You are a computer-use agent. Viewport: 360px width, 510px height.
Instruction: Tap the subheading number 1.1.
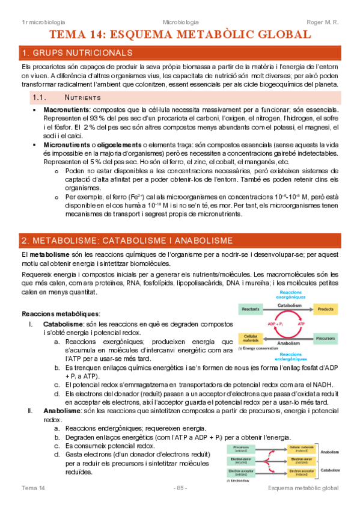(x=40, y=97)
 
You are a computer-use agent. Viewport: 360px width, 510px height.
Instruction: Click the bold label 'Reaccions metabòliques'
(x=61, y=314)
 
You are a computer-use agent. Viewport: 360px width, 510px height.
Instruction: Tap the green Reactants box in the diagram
(x=251, y=309)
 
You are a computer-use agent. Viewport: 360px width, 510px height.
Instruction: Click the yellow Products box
(x=325, y=309)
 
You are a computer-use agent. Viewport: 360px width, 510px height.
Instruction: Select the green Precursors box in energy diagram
(x=325, y=338)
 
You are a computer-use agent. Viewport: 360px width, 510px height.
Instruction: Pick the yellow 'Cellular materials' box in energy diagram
(x=251, y=338)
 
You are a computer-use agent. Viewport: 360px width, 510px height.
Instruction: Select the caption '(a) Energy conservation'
(x=256, y=348)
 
